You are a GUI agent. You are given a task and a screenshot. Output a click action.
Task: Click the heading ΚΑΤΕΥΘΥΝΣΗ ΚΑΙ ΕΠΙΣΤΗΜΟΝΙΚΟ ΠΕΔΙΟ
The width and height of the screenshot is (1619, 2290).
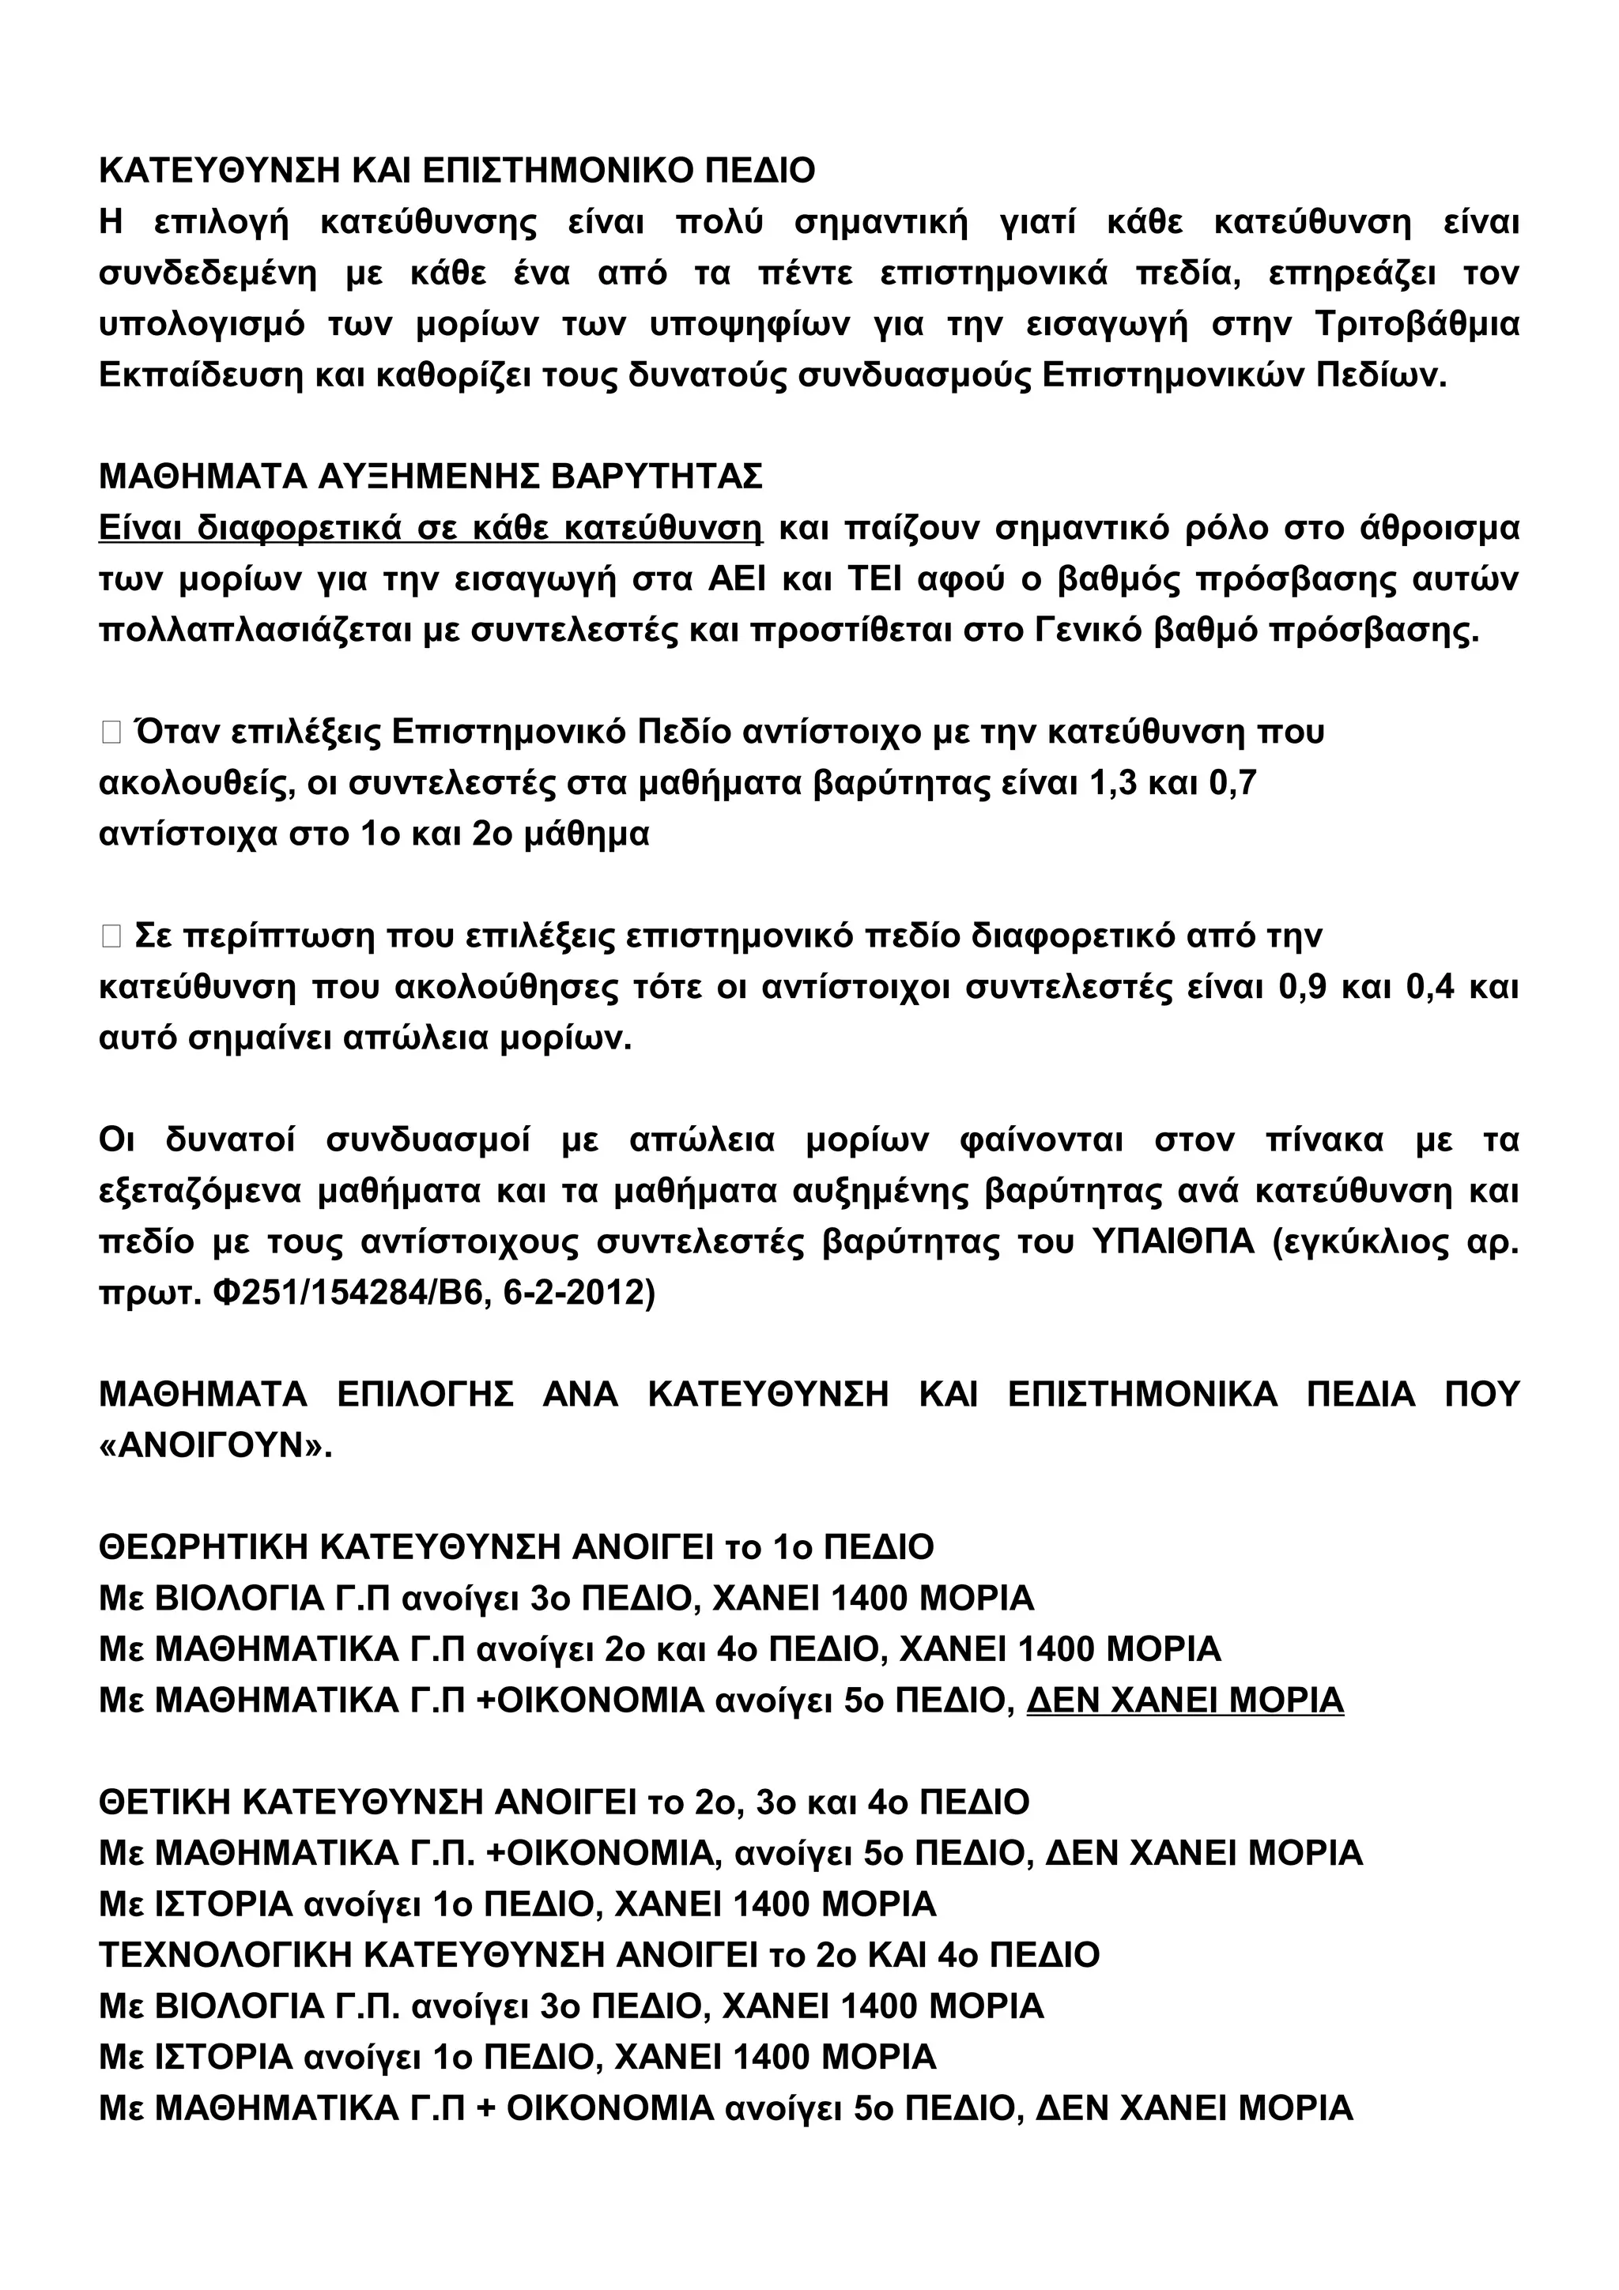(457, 171)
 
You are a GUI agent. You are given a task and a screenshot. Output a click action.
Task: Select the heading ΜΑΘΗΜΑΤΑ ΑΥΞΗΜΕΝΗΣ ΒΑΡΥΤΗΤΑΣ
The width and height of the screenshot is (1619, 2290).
(430, 476)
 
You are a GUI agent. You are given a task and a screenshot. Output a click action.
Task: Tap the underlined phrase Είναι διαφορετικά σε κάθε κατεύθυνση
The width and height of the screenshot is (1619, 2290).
(430, 528)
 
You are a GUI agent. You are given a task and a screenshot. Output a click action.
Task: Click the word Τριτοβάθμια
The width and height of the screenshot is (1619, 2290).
(1417, 324)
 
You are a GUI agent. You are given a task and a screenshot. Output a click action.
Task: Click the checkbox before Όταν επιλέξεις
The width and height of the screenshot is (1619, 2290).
(111, 733)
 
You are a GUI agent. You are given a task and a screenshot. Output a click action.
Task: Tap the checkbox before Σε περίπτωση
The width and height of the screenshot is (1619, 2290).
(111, 936)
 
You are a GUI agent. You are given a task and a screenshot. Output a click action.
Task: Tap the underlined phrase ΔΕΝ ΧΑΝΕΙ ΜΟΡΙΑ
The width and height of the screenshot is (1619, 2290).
(1185, 1701)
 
